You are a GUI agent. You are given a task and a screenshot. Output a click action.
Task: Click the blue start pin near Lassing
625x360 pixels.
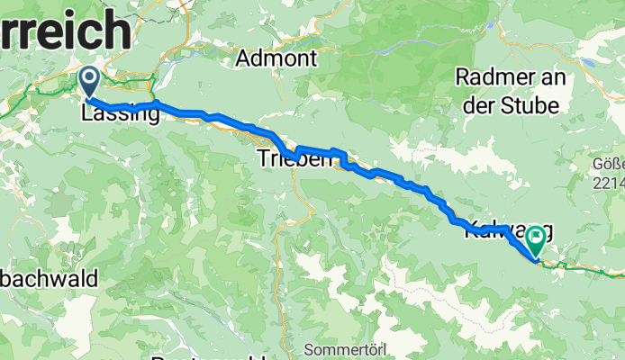(90, 80)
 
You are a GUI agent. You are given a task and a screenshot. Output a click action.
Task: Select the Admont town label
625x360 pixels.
(276, 59)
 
